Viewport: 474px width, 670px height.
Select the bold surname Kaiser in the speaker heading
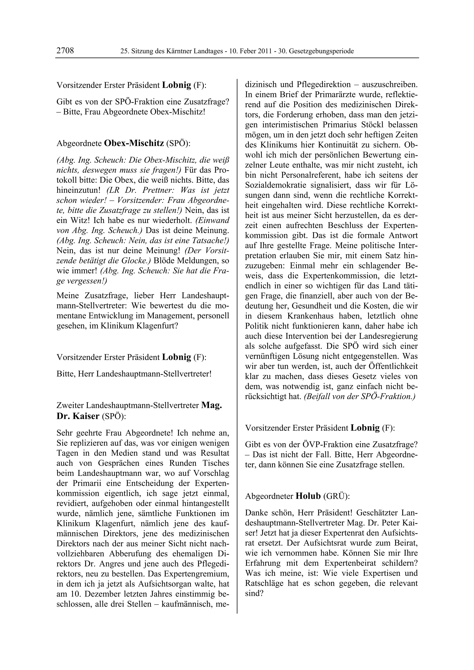86,416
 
